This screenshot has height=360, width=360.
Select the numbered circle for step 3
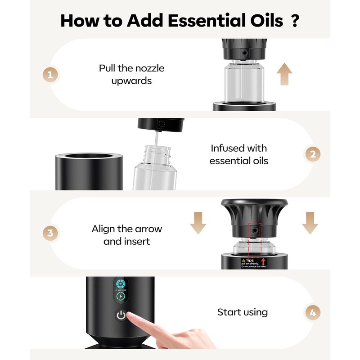[x=50, y=234]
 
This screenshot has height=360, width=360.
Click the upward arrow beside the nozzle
[x=284, y=74]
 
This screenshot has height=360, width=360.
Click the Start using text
[x=242, y=312]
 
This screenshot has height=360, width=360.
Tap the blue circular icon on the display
[x=120, y=284]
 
